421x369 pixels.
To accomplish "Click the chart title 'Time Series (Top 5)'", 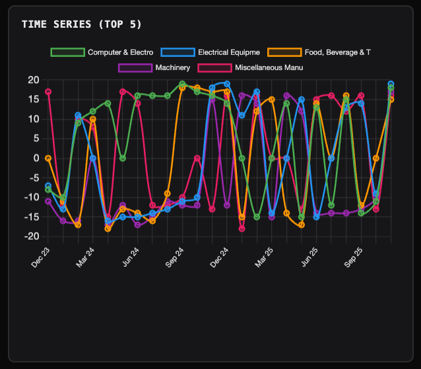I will click(81, 24).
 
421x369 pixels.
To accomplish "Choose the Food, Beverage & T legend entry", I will click(340, 51).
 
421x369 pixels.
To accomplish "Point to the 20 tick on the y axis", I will click(33, 80).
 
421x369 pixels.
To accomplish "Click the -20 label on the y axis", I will click(31, 236).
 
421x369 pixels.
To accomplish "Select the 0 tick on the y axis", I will click(36, 158).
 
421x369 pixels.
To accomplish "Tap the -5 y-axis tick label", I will click(33, 178).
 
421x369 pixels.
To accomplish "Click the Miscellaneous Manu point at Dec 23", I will click(48, 92).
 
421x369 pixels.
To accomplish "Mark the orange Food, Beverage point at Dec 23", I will click(48, 158).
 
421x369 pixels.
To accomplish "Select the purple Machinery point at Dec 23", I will click(48, 201).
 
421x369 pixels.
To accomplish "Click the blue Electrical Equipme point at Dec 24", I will click(227, 84).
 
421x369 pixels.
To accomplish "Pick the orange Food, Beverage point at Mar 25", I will click(272, 100).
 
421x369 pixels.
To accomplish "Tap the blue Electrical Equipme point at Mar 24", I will click(93, 158).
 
